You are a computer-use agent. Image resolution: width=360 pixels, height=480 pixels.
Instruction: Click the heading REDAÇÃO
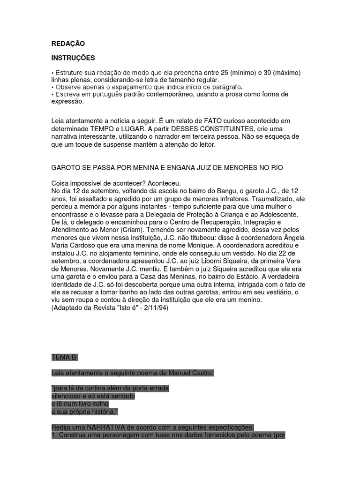tap(68, 44)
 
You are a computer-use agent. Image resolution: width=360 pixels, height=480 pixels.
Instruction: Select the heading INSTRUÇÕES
tap(73, 58)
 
